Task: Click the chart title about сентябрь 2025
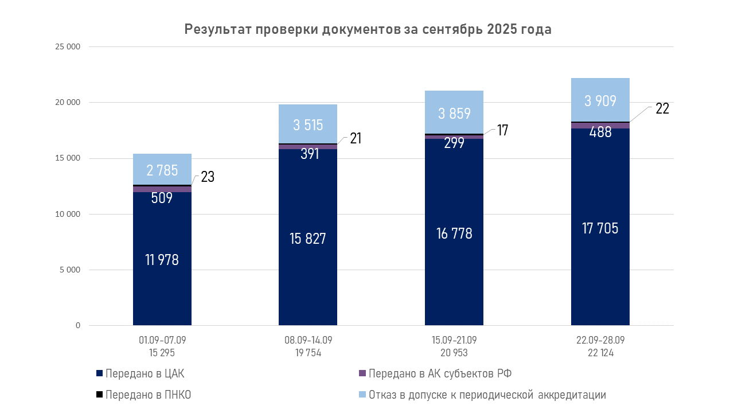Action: point(368,30)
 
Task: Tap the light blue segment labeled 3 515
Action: point(308,124)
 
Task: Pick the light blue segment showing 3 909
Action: point(600,100)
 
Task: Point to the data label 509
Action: point(162,198)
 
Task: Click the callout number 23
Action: point(208,177)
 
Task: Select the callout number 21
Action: point(356,138)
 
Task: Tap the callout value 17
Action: point(502,130)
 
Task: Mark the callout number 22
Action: point(662,108)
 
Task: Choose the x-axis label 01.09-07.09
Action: point(162,340)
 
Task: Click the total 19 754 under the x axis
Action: point(308,353)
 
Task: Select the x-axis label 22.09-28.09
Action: point(600,340)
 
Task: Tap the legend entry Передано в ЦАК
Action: point(144,374)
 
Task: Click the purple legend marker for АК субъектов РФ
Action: point(362,374)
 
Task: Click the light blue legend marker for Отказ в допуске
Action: point(362,395)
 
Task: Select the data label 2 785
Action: point(162,170)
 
